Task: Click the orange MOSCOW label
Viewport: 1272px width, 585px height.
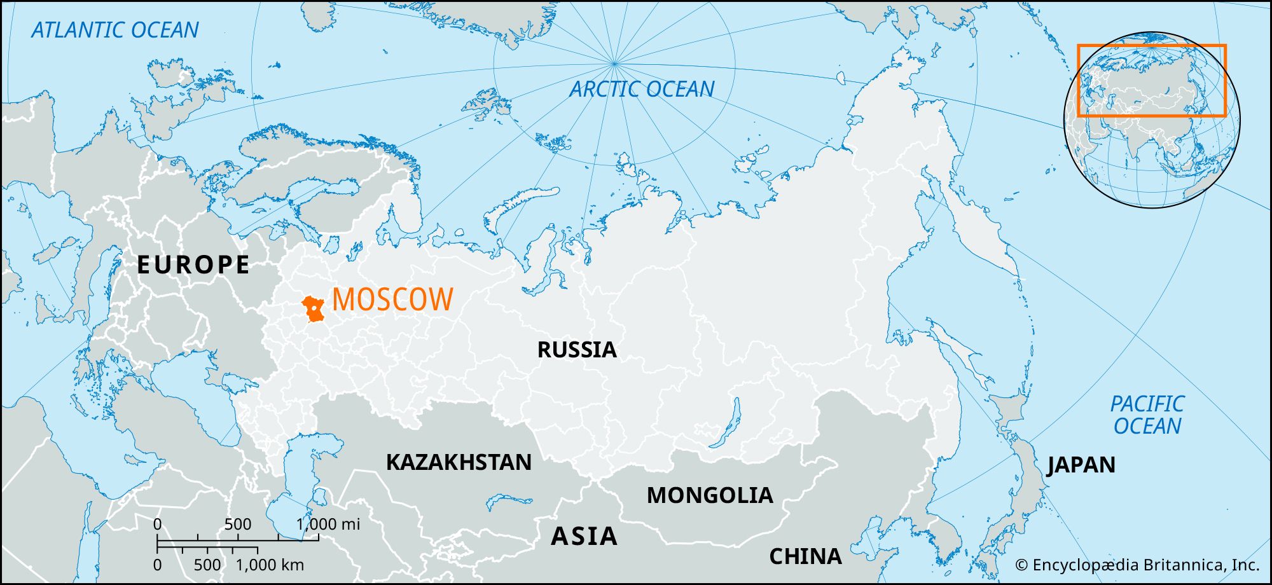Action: point(392,299)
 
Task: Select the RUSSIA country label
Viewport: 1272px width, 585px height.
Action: point(577,350)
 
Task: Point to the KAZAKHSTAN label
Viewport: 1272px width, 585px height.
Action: point(459,462)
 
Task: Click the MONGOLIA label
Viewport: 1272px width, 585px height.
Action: point(710,495)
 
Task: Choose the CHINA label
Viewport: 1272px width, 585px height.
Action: point(805,556)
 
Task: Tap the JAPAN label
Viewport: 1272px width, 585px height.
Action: point(1081,465)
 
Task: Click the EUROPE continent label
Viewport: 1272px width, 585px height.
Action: point(194,265)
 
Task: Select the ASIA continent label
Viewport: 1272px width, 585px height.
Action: point(584,537)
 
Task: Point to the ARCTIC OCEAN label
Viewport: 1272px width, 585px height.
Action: point(642,89)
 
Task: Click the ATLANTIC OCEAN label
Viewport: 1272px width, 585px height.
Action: point(115,30)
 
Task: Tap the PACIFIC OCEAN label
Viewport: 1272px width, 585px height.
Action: point(1147,415)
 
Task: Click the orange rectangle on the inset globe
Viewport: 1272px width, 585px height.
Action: point(1151,46)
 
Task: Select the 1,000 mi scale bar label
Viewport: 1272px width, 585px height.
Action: point(328,524)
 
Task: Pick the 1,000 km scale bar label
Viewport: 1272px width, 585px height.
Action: point(270,565)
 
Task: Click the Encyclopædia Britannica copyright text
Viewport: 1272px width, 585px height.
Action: point(1137,565)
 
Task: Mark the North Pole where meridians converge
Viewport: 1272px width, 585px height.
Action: point(614,63)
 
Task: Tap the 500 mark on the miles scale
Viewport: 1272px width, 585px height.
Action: point(238,524)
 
